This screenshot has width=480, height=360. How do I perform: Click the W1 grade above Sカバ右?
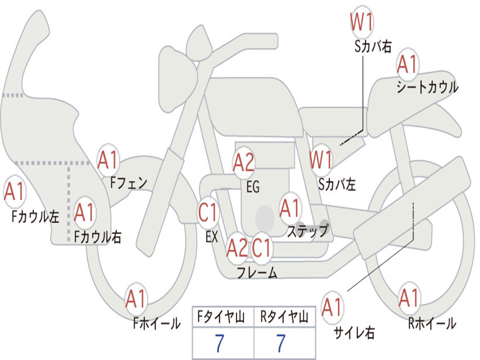tap(361, 22)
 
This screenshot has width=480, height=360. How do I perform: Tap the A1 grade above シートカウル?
tap(407, 65)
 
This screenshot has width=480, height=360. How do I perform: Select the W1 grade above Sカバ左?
tap(321, 160)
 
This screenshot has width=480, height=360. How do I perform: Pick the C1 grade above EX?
tap(208, 212)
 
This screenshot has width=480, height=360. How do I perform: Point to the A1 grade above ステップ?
tap(289, 208)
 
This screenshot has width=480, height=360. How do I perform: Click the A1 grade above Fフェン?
tap(108, 160)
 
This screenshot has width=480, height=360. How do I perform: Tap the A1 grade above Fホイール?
tap(135, 299)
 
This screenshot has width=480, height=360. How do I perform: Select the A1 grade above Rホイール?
tap(409, 298)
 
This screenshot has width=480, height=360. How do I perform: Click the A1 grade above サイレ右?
tap(332, 307)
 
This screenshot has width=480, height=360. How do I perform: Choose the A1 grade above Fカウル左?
tap(15, 191)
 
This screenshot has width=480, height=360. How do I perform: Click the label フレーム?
tap(257, 272)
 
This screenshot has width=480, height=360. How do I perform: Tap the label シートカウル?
tap(427, 87)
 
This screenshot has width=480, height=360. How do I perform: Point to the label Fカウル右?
tap(97, 237)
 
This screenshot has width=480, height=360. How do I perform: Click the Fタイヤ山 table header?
tap(221, 316)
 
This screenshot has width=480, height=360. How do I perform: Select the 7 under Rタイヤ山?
tap(281, 343)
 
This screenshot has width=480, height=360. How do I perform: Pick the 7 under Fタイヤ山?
tap(219, 343)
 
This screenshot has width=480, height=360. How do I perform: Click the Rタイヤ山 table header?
tap(285, 316)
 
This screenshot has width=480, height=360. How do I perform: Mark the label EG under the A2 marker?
tap(253, 187)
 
